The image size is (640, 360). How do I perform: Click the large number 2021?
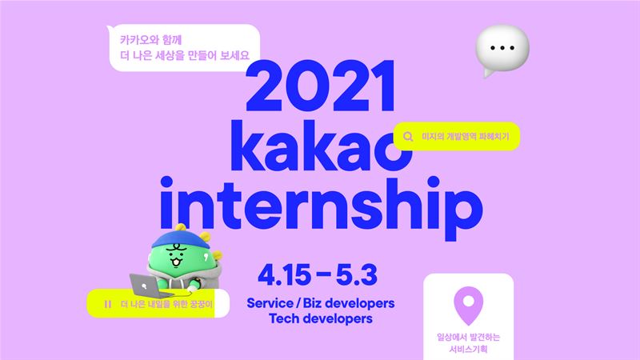(321, 86)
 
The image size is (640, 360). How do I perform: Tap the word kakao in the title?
(322, 146)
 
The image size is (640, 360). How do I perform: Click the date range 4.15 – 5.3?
(318, 274)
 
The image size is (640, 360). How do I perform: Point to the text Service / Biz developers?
(321, 303)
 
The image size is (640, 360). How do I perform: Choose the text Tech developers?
(321, 318)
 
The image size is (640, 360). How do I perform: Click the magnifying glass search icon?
(408, 136)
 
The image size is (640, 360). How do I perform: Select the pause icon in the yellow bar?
(108, 304)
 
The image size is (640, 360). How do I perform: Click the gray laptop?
(150, 286)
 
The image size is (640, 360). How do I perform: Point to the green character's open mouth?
(177, 262)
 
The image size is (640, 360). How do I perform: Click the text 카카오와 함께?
(150, 40)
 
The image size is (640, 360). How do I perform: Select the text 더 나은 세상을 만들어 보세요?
(185, 55)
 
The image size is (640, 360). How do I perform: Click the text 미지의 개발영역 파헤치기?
(466, 136)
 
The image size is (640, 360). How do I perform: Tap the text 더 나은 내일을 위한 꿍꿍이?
(166, 304)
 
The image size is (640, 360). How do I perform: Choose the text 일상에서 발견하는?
(468, 337)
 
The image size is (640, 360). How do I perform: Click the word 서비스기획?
(468, 349)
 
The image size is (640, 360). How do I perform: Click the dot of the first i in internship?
(166, 182)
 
